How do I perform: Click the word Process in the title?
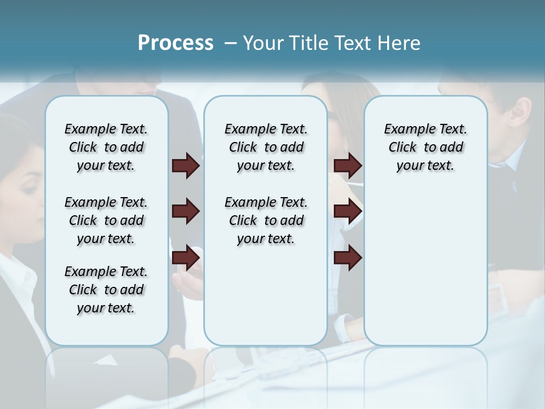175,43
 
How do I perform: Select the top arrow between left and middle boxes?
186,166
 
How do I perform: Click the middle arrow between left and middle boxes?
186,212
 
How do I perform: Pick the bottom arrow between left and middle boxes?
186,258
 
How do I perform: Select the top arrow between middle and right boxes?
347,166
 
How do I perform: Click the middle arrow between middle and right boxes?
347,212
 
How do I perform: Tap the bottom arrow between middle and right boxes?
347,258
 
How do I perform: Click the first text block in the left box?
106,147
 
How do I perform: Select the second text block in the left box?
106,220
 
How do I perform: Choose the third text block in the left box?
106,290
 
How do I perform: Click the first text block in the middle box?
266,147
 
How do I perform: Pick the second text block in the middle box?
266,220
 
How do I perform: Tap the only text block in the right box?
425,147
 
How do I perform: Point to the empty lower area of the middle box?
266,295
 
